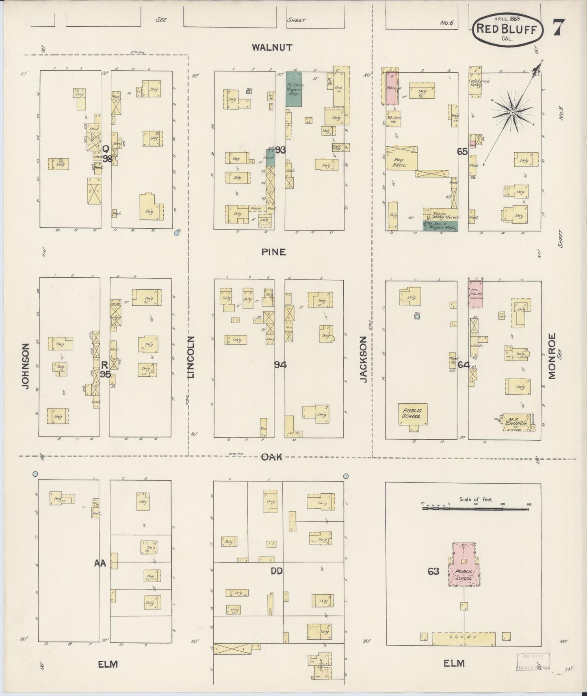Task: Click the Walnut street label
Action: pos(272,48)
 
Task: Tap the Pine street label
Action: pos(273,252)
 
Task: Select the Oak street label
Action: pos(271,457)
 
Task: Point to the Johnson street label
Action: pos(26,366)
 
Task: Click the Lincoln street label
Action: pos(191,357)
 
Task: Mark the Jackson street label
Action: pos(364,359)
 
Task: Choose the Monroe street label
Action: pos(551,356)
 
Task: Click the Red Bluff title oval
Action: pos(508,29)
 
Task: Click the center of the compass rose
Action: pos(513,112)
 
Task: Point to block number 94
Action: pos(280,365)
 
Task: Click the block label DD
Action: pos(277,571)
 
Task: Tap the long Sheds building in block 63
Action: pos(463,638)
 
